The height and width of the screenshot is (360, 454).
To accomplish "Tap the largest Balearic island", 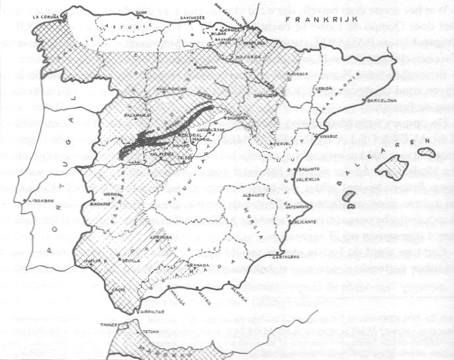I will [394, 167].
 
